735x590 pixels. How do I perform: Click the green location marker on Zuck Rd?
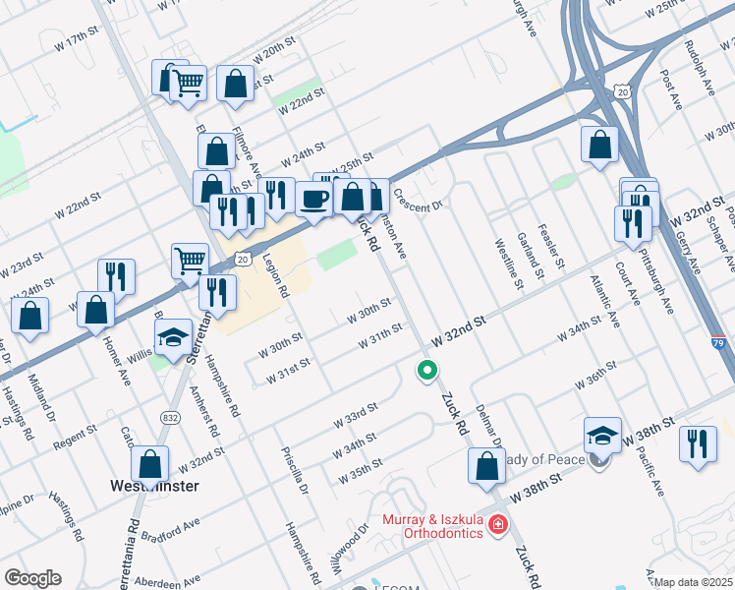426,371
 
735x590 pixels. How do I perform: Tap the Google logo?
32,577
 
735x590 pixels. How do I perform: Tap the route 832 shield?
169,418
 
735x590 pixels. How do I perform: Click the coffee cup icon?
313,200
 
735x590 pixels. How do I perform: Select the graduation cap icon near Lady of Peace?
602,434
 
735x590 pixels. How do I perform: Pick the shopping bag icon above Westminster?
149,462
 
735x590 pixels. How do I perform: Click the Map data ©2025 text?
694,582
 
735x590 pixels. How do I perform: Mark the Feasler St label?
556,246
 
